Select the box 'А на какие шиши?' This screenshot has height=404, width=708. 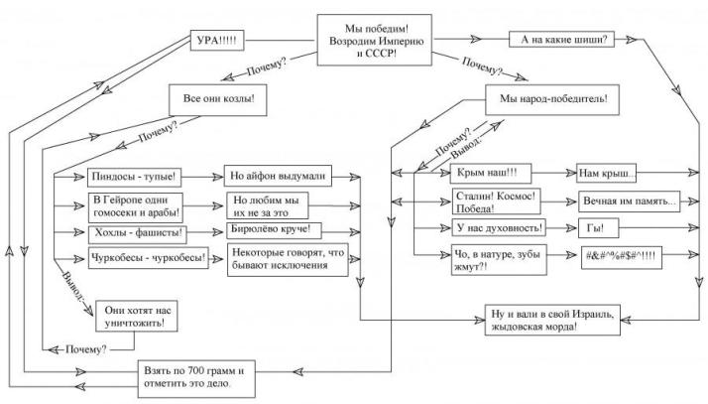click(x=564, y=40)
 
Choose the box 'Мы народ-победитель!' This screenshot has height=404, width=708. click(x=552, y=100)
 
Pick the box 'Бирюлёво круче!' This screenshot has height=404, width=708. click(x=272, y=231)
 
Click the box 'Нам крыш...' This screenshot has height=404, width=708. click(x=604, y=174)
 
